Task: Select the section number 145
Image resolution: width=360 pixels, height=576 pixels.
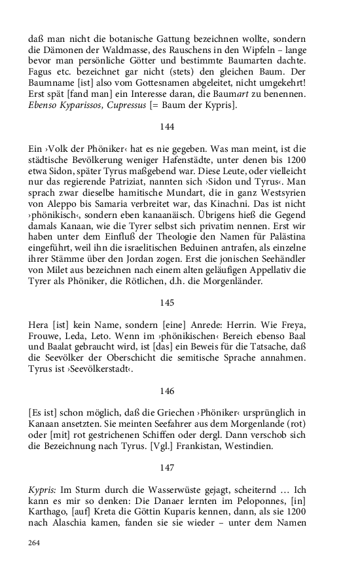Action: point(167,302)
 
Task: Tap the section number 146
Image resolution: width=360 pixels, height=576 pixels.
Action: point(167,391)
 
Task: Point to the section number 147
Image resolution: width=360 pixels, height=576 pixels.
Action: point(167,467)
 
